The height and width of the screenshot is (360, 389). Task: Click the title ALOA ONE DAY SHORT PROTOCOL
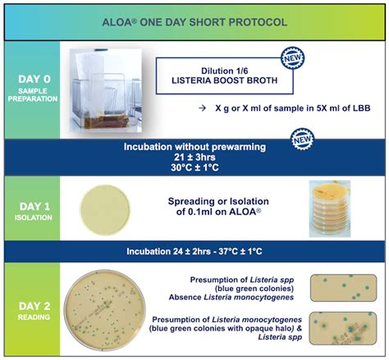194,21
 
